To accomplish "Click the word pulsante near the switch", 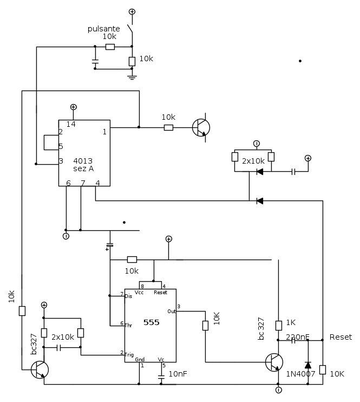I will (x=104, y=28).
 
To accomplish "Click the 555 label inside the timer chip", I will (x=151, y=322).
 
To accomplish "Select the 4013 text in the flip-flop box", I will (x=83, y=160).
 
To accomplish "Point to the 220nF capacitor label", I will (x=297, y=337).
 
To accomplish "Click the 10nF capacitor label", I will (x=178, y=373).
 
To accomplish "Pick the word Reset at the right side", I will (x=341, y=337).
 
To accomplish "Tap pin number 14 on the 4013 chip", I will (x=71, y=125).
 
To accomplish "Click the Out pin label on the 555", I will (x=172, y=311).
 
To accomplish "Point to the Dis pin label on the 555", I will (x=128, y=296).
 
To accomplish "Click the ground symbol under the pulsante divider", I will (x=132, y=77).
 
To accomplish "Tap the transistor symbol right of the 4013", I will (x=201, y=128).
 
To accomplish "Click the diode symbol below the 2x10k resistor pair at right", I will (x=260, y=172).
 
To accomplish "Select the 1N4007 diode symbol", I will (x=307, y=365).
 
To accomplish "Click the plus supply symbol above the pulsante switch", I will (x=132, y=11).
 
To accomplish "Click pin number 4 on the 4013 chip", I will (x=97, y=183).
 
